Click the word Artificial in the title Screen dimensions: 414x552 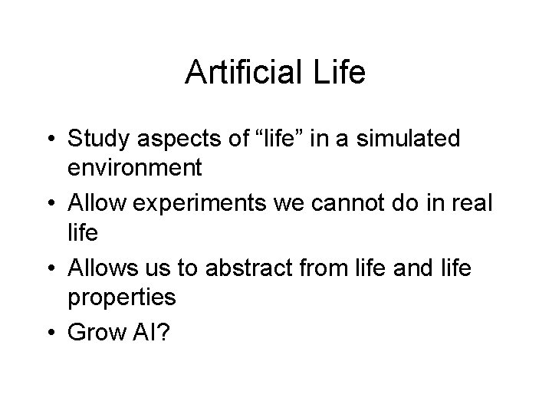point(242,74)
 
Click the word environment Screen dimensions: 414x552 point(134,166)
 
